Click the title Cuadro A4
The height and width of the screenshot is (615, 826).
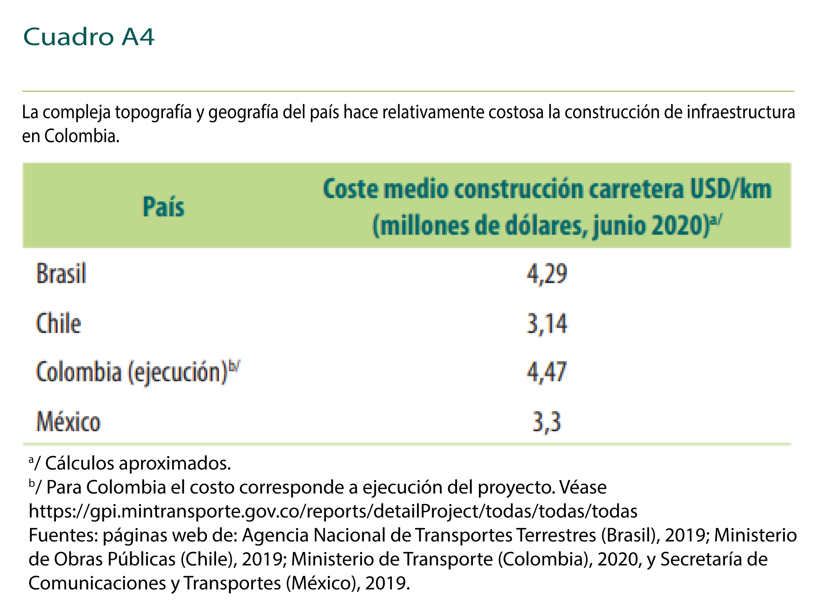pyautogui.click(x=89, y=37)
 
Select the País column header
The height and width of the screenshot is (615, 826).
pyautogui.click(x=164, y=207)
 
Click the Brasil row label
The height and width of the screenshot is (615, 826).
pyautogui.click(x=61, y=274)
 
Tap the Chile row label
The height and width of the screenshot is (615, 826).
pyautogui.click(x=59, y=323)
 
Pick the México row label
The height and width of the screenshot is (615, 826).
pyautogui.click(x=68, y=422)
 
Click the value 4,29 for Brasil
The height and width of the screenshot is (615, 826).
pyautogui.click(x=547, y=275)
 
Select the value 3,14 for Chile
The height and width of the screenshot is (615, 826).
pyautogui.click(x=547, y=324)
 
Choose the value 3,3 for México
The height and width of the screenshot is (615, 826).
pyautogui.click(x=547, y=422)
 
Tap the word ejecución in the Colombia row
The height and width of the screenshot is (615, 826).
pyautogui.click(x=177, y=372)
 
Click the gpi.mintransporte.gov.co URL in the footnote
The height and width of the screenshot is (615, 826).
pyautogui.click(x=333, y=511)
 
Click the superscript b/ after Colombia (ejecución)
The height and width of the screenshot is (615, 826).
pyautogui.click(x=234, y=365)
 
